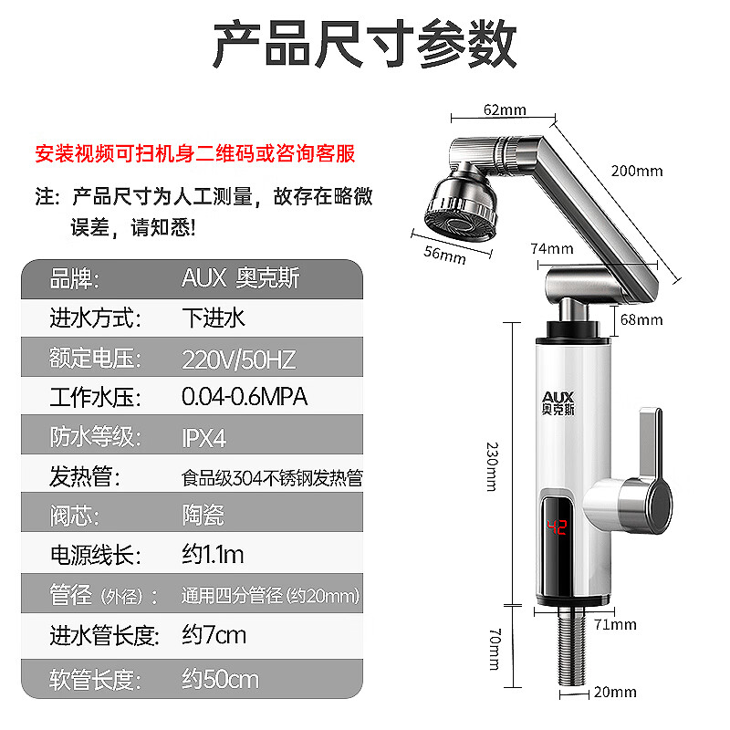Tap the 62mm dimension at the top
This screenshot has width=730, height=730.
(x=505, y=110)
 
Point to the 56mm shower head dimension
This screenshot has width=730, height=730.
(x=447, y=255)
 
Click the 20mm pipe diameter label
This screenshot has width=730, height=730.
(x=615, y=693)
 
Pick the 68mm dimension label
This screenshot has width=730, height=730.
(x=641, y=319)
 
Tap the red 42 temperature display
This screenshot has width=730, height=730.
(x=557, y=527)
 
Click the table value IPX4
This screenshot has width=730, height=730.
(x=203, y=437)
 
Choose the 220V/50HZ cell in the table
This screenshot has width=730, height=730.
(x=238, y=359)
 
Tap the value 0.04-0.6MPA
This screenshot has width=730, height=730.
(x=245, y=398)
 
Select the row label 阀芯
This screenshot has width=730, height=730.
(x=74, y=516)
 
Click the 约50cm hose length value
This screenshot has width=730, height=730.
(x=220, y=680)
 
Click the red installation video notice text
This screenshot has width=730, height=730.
(x=194, y=153)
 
